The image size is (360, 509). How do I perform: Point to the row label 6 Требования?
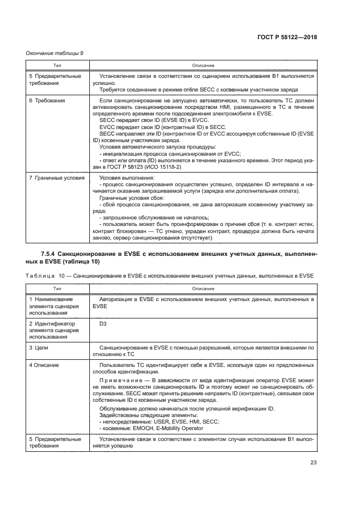[x=46, y=101]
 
